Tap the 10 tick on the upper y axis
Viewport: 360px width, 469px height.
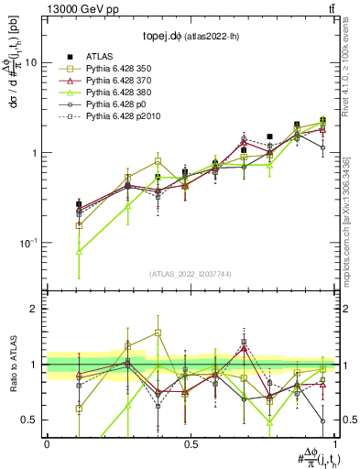coord(31,63)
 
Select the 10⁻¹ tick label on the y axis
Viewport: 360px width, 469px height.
coord(28,243)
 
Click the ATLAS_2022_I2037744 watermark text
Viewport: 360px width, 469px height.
coord(191,274)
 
